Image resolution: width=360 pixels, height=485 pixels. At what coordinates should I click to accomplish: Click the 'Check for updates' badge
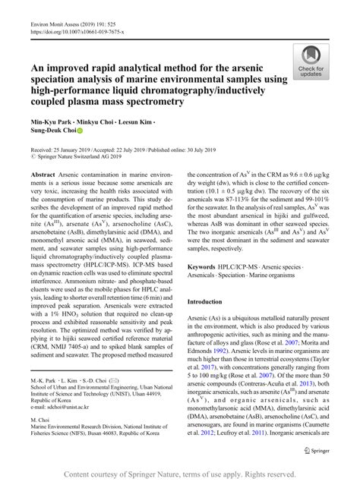click(311, 61)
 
